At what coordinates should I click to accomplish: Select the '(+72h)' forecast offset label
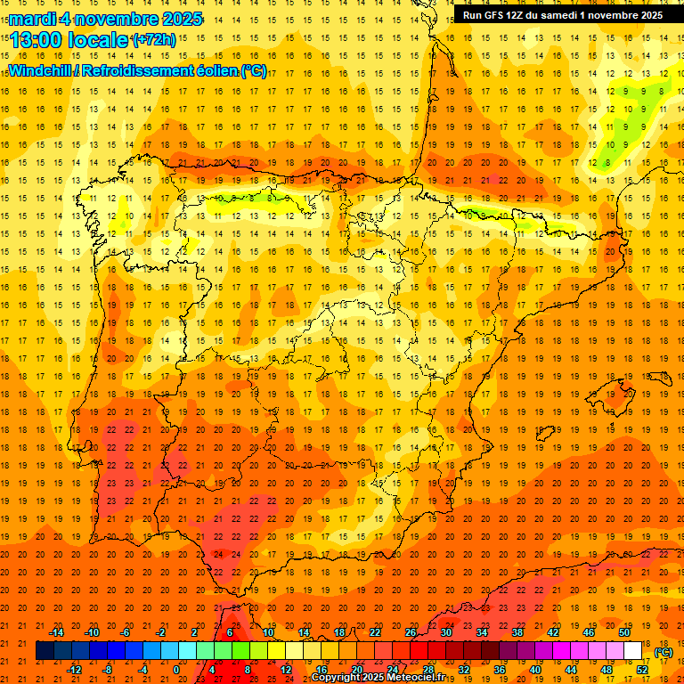click(x=154, y=39)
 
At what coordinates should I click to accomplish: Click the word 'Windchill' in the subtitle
click(x=41, y=70)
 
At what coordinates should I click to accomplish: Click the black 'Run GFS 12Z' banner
click(x=562, y=14)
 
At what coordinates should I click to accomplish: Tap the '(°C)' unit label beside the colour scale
click(x=663, y=653)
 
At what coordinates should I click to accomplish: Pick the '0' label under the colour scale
click(x=176, y=670)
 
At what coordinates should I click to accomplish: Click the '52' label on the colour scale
click(x=642, y=670)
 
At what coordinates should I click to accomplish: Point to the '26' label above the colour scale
click(x=411, y=632)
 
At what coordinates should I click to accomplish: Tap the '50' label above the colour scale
click(x=624, y=632)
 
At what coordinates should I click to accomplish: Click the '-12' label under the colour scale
click(x=74, y=670)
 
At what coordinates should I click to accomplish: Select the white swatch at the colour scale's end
click(x=633, y=651)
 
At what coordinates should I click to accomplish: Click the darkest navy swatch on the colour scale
click(x=45, y=651)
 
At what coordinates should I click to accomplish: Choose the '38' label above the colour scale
click(x=517, y=632)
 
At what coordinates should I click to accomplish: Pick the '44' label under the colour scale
click(x=571, y=670)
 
